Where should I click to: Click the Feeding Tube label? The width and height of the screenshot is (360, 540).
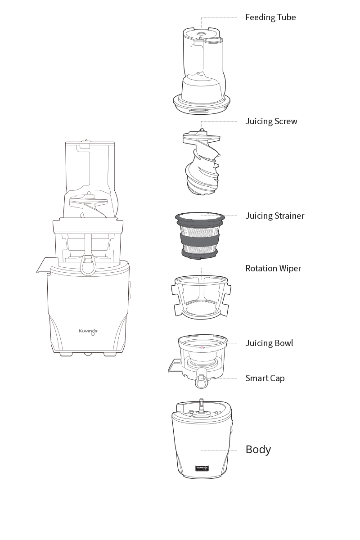pos(270,18)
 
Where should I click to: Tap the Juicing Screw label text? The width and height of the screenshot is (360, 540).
pos(271,121)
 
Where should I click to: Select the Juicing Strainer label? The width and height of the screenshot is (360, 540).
pos(275,216)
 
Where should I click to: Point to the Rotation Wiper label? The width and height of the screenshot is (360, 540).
pos(273,269)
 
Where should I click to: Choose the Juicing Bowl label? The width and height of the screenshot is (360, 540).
pos(270,343)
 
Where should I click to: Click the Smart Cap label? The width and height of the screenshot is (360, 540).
pos(265,378)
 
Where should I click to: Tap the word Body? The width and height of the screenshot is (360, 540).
pos(258,450)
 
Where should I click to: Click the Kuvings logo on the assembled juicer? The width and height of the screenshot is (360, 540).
pos(88,332)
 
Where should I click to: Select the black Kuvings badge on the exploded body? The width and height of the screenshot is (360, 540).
pos(202,468)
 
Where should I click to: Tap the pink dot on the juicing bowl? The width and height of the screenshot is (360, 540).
pos(202,347)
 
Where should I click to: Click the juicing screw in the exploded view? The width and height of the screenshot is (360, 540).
pos(202,162)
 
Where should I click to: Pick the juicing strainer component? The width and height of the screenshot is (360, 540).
pos(200,236)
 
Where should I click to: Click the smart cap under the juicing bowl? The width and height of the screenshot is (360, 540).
pos(201,381)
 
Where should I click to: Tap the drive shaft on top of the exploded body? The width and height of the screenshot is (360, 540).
pos(201,406)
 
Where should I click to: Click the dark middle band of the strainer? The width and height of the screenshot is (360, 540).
pos(200,241)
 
